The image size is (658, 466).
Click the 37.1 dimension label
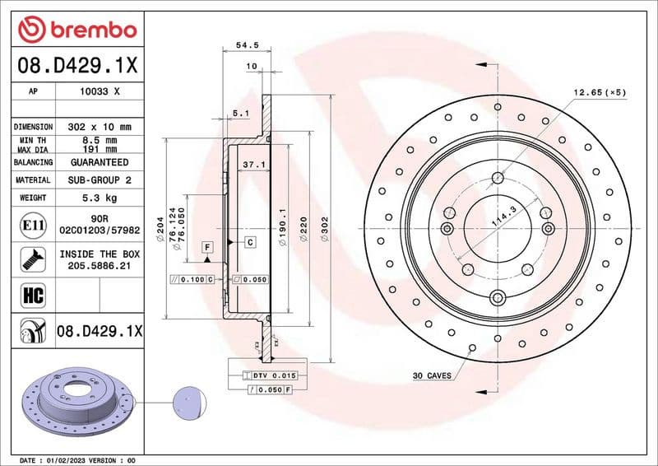(x=253, y=165)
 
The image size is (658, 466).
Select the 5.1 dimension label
(x=240, y=113)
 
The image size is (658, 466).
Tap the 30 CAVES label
(x=432, y=375)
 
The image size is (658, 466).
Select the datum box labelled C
(x=249, y=241)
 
